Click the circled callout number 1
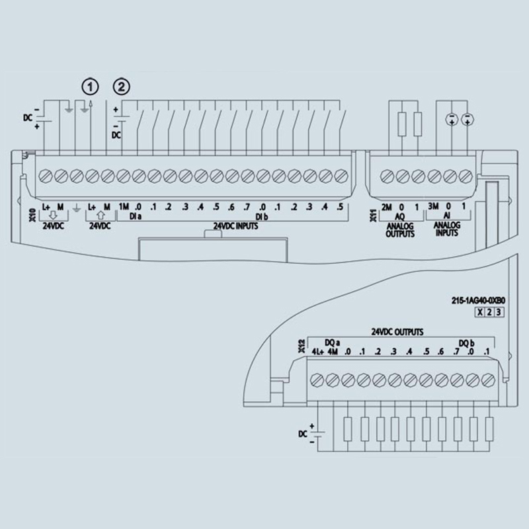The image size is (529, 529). [x=90, y=87]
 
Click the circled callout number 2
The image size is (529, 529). [x=122, y=87]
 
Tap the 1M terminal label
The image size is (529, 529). [x=124, y=206]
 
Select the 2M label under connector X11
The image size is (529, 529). [x=386, y=207]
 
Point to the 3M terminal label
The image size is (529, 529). [x=433, y=206]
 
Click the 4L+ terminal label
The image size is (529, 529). [x=317, y=352]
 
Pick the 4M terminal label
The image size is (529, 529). [x=333, y=352]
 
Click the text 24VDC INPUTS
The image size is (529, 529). [x=235, y=226]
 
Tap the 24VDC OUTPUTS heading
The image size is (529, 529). [x=397, y=332]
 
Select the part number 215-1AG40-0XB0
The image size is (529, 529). [x=478, y=300]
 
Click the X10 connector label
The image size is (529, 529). [x=32, y=215]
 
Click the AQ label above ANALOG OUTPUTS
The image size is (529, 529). [x=399, y=216]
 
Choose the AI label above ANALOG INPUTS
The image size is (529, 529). [x=446, y=216]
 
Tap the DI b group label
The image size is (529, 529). [x=261, y=217]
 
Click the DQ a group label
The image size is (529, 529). [x=333, y=343]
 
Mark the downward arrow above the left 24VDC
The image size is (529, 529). [x=54, y=216]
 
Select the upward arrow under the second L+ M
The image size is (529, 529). [x=101, y=216]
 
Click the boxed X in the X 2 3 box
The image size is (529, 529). [x=479, y=312]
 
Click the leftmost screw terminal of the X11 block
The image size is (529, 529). [x=387, y=176]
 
